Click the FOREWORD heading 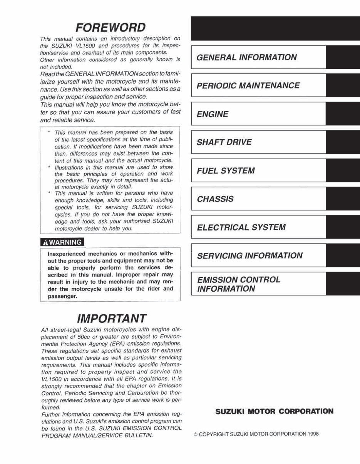111,28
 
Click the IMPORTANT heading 112,319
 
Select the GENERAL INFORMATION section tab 247,58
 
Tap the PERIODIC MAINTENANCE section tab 248,85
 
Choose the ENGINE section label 213,114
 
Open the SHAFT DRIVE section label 224,142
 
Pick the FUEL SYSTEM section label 226,171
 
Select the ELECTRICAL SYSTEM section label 241,227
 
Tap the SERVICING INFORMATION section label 249,256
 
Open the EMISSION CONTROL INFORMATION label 239,284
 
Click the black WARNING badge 62,242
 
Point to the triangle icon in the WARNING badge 45,243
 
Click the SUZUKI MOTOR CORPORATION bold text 274,411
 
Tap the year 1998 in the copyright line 313,434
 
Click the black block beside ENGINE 342,114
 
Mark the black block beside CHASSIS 342,199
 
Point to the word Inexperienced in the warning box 65,254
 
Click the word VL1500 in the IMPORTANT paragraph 50,379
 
